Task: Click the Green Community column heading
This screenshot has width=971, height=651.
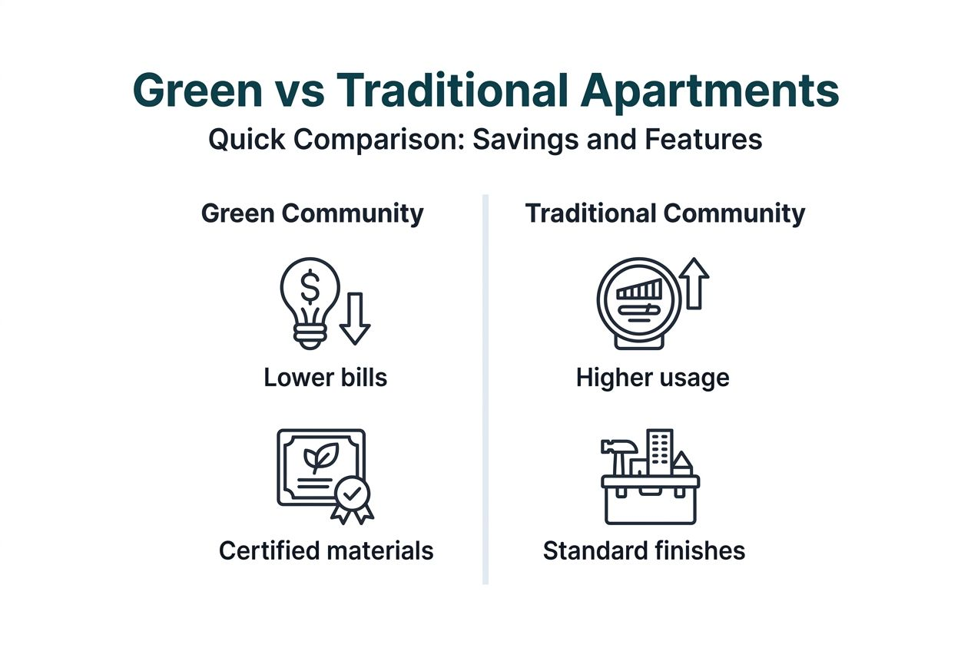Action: (x=312, y=213)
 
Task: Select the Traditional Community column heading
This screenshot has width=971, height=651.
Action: (x=664, y=213)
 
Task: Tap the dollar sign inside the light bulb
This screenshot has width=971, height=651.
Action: (x=310, y=288)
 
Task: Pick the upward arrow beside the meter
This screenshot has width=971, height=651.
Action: (x=694, y=283)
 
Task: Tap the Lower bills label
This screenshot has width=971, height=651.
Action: (x=325, y=378)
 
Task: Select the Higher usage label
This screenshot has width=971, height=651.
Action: (x=652, y=378)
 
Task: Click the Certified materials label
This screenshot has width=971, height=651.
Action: (x=326, y=550)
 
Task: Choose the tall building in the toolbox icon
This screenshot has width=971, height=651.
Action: (x=659, y=451)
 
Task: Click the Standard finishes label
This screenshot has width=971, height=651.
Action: (x=644, y=550)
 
